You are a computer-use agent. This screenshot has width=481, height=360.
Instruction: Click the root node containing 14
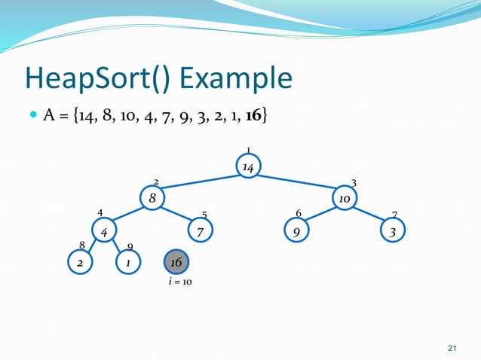pos(247,166)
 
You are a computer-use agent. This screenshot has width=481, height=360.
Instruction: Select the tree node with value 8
pos(152,199)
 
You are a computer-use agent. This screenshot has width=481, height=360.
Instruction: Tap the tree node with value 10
pos(344,199)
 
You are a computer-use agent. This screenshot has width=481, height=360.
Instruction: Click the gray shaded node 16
pos(176,262)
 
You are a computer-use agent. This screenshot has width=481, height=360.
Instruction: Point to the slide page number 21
pos(452,347)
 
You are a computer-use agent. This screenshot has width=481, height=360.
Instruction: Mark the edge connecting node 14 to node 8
pos(200,183)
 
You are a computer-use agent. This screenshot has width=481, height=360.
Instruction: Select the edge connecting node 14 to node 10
pos(296,183)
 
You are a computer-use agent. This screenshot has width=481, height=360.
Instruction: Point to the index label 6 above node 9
pos(299,213)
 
